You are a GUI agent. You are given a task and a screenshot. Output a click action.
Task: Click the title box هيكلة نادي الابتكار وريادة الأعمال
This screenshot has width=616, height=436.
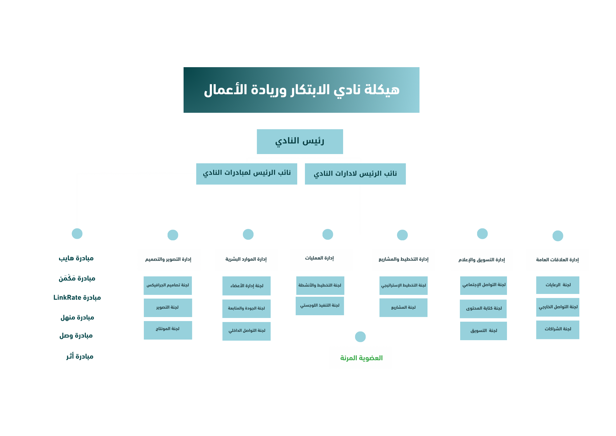pos(301,90)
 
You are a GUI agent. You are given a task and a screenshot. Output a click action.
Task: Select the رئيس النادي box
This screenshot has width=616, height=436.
pos(300,141)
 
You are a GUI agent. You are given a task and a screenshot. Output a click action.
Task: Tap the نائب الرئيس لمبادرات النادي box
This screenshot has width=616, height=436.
pos(246,174)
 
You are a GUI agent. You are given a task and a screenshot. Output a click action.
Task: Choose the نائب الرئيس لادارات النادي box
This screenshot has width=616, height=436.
pos(355,174)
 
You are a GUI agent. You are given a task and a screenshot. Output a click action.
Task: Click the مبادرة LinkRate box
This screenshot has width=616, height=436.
pos(77,297)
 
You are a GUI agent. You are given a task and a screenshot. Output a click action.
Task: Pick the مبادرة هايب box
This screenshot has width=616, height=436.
pos(77,257)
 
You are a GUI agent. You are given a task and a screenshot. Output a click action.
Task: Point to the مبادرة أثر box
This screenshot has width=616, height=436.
pos(77,356)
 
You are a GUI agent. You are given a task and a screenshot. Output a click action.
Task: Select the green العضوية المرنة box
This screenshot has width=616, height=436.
pos(360,357)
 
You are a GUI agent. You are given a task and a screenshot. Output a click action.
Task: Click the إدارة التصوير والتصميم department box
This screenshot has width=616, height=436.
pos(169,260)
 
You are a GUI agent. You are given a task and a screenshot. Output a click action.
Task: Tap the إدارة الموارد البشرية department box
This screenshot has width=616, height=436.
pos(246,260)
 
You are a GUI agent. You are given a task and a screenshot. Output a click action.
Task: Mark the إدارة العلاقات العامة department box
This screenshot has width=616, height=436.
pos(557,260)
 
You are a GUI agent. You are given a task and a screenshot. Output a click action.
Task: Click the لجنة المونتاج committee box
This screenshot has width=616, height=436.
pos(168,330)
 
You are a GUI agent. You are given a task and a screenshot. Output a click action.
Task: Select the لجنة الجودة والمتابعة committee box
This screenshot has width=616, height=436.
pos(246,308)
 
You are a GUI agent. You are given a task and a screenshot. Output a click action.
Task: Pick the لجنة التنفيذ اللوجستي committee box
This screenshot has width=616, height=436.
pos(320,306)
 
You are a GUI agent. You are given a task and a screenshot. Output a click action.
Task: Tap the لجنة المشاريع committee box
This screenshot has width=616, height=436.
pos(403,308)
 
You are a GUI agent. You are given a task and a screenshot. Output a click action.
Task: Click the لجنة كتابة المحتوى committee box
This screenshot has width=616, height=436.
pos(483,309)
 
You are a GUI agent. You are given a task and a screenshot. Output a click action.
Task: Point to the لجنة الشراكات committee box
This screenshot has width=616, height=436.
pos(557,330)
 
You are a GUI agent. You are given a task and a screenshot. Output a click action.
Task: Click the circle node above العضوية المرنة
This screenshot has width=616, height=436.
pos(360,337)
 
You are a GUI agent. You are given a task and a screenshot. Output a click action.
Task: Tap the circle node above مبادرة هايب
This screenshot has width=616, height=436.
pos(77,234)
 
